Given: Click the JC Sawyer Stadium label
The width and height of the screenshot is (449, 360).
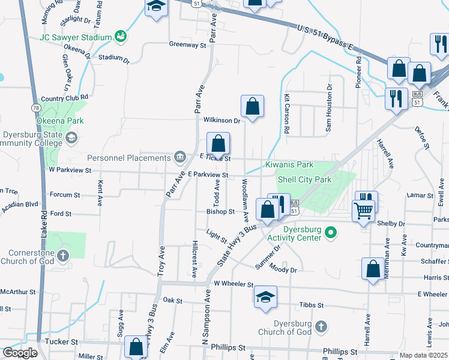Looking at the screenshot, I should tap(76, 37).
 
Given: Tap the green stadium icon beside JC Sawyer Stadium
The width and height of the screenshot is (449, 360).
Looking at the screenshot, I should tap(120, 37).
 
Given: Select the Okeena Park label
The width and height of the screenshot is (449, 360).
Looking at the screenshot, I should tap(59, 121).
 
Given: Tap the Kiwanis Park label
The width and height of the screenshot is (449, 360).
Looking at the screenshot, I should tap(289, 164).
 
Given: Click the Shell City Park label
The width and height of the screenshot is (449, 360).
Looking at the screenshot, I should tap(304, 179).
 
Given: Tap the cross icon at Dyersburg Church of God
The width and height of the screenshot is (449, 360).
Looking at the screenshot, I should tap(321, 326).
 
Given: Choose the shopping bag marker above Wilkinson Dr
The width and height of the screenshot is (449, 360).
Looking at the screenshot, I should tap(253, 106).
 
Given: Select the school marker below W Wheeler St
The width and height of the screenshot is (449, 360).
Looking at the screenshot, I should tap(265, 297).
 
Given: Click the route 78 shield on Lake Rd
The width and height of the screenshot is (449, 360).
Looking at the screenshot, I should tap(35, 107).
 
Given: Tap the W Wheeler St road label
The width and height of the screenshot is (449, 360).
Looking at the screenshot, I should tap(234, 283).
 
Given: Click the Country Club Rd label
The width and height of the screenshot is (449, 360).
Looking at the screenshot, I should tap(65, 97).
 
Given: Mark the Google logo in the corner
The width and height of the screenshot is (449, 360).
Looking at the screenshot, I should tap(20, 353).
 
